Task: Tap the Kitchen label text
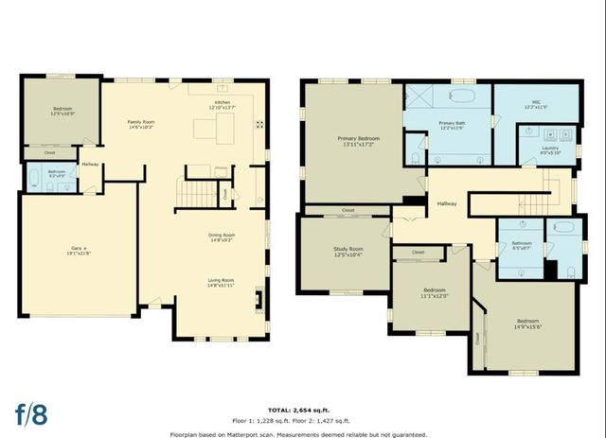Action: point(222,105)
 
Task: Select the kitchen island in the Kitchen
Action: point(214,130)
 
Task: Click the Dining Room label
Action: point(223,237)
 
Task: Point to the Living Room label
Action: point(223,283)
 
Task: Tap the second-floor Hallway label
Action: point(447,202)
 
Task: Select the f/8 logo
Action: point(29,414)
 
